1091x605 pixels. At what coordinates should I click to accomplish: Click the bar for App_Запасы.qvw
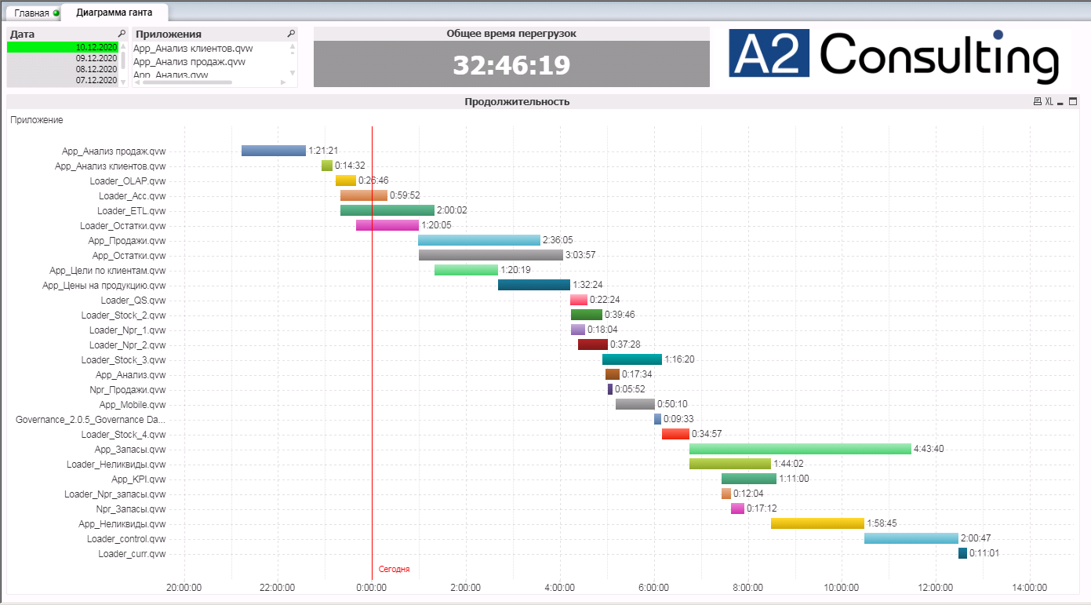coord(800,449)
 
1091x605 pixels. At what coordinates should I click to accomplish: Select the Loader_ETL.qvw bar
coord(387,210)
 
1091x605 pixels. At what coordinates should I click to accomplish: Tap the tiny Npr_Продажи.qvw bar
coord(610,389)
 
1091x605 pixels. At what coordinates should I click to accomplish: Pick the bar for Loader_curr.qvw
coord(962,553)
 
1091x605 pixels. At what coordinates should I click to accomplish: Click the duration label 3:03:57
coord(580,255)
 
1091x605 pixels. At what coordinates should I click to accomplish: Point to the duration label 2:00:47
coord(976,538)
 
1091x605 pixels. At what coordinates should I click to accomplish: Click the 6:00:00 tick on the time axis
coord(653,587)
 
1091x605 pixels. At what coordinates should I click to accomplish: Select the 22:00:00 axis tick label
coord(277,587)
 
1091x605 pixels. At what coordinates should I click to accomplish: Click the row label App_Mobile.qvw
coord(133,405)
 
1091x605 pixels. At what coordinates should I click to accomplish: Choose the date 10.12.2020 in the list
coord(96,47)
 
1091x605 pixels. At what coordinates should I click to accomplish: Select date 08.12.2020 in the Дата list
coord(96,69)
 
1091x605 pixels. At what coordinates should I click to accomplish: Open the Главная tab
coord(31,13)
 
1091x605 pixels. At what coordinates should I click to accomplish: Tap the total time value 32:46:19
coord(511,64)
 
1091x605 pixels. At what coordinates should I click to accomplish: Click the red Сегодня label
coord(394,569)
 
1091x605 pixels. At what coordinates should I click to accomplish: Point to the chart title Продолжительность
coord(517,102)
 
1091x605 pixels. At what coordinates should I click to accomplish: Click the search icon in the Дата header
coord(122,34)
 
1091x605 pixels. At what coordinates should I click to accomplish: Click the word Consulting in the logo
coord(938,55)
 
